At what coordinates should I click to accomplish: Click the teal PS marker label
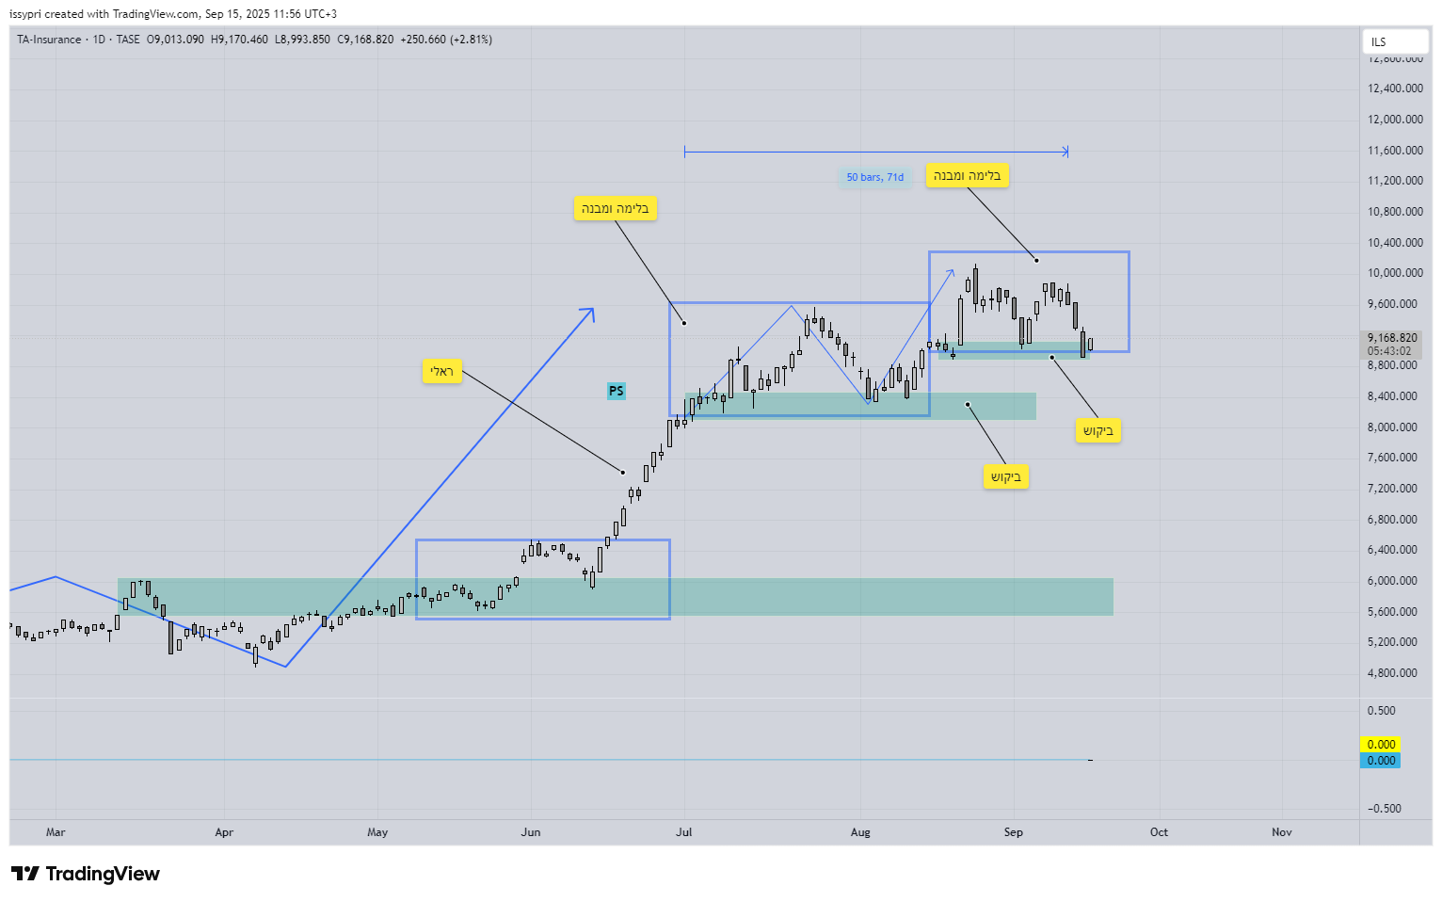(617, 391)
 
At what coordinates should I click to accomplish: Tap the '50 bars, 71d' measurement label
(874, 177)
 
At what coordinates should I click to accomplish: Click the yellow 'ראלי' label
(441, 372)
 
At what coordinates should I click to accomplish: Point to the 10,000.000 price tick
(1395, 273)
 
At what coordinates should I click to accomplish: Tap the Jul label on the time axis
(684, 832)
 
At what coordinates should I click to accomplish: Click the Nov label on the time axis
(1282, 832)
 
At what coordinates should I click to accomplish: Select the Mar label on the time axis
(56, 832)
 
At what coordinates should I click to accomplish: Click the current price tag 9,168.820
(1392, 338)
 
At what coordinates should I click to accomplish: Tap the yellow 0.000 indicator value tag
(1381, 745)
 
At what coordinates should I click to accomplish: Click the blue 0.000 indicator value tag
(1381, 761)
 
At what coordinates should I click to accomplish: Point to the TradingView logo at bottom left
(86, 874)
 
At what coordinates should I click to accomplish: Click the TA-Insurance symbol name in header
(49, 40)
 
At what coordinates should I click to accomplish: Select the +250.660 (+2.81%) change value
(446, 40)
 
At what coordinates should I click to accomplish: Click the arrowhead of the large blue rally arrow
(591, 310)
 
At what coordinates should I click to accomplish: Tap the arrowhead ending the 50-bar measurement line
(1065, 152)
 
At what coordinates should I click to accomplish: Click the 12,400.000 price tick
(1395, 89)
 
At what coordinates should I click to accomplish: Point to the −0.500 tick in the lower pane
(1382, 809)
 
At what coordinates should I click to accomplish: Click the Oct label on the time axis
(1159, 832)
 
